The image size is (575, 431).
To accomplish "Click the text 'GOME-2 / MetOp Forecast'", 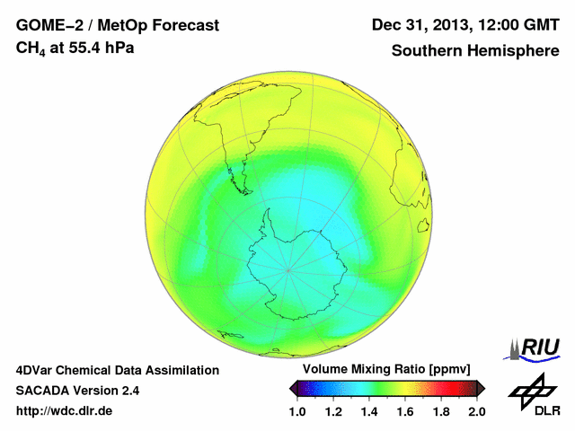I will tap(117, 26).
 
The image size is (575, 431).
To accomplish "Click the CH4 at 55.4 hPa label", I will tap(75, 48).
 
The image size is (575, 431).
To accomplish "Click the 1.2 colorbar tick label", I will tap(334, 411).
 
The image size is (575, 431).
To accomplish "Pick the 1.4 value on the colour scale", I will tap(369, 411).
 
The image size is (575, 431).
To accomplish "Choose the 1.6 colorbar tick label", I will tap(405, 411).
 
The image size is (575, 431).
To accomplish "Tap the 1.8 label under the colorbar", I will tap(441, 411).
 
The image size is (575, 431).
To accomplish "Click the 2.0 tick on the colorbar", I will tap(476, 411).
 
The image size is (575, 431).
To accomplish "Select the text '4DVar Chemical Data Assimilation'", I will tap(118, 370).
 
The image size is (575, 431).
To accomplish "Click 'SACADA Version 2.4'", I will tap(77, 391).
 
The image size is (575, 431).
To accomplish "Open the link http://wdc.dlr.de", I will tap(65, 411).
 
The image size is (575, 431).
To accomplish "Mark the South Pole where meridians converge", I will tap(287, 268).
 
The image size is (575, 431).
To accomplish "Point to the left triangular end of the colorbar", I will tap(295, 388).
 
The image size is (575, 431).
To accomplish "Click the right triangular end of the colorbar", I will tap(481, 388).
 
